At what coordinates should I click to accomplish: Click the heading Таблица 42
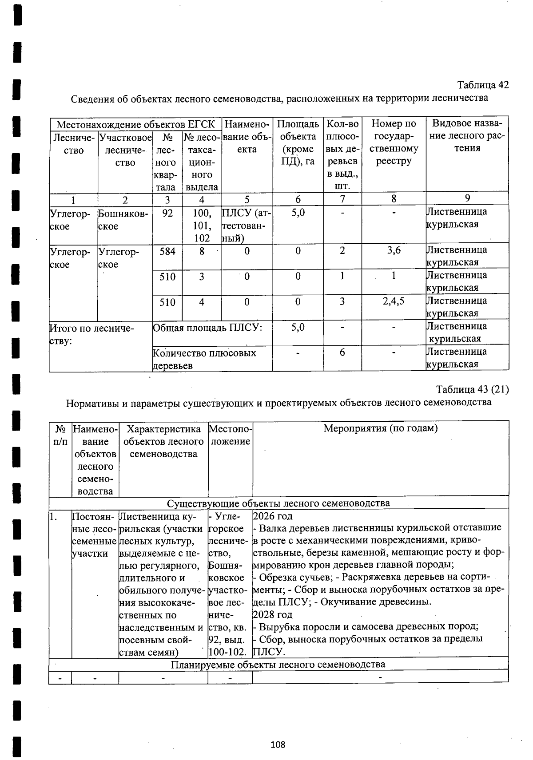point(483,85)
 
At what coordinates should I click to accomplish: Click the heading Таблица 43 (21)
point(472,389)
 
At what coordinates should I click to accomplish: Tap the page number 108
point(278,744)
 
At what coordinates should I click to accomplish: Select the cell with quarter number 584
point(167,251)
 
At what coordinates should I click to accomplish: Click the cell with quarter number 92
point(167,213)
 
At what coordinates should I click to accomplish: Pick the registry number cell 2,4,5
point(393,302)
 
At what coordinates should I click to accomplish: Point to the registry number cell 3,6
point(394,250)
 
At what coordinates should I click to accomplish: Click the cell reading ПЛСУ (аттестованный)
point(247,225)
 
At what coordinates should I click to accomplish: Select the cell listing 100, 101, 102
point(202,225)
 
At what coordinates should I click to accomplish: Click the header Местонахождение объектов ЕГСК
point(135,124)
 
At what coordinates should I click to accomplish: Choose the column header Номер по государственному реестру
point(394,142)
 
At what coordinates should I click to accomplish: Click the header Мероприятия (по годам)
point(380,428)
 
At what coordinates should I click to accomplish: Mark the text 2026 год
point(273,516)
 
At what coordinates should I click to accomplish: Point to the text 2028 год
point(273,615)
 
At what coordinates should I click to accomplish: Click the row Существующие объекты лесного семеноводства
point(278,503)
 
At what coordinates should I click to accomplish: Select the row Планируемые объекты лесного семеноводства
point(278,664)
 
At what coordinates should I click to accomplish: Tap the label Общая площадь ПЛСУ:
point(207,328)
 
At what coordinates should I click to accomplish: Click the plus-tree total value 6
point(342,352)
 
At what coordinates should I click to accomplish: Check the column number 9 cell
point(467,198)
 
